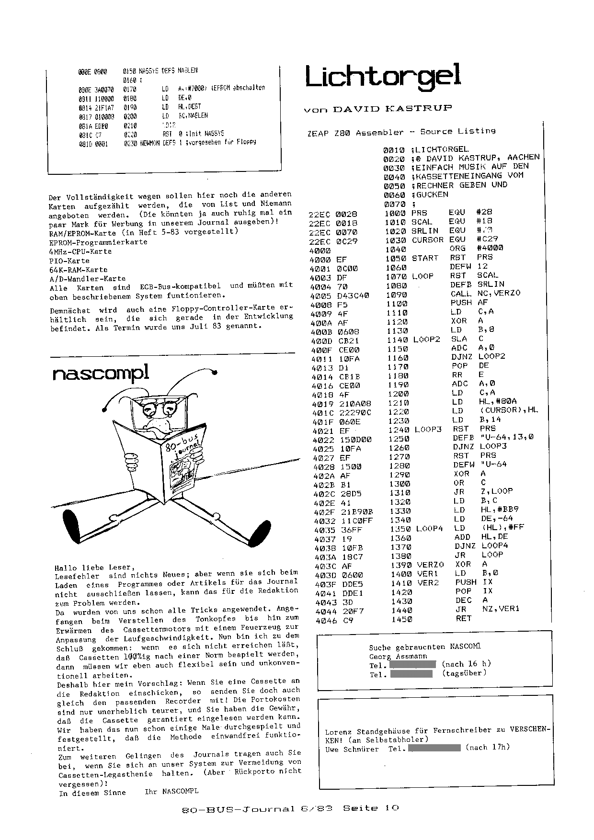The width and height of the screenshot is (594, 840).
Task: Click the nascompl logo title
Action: (x=101, y=373)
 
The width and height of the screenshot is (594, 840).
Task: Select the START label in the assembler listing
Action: (x=425, y=258)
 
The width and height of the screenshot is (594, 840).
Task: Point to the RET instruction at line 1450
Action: (x=464, y=618)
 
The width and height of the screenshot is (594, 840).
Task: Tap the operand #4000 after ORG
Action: (x=490, y=248)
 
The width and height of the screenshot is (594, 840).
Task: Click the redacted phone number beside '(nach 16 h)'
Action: (x=412, y=665)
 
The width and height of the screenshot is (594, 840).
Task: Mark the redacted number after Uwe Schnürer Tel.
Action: (x=436, y=747)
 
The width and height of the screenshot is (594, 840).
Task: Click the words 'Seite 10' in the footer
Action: (x=371, y=808)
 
